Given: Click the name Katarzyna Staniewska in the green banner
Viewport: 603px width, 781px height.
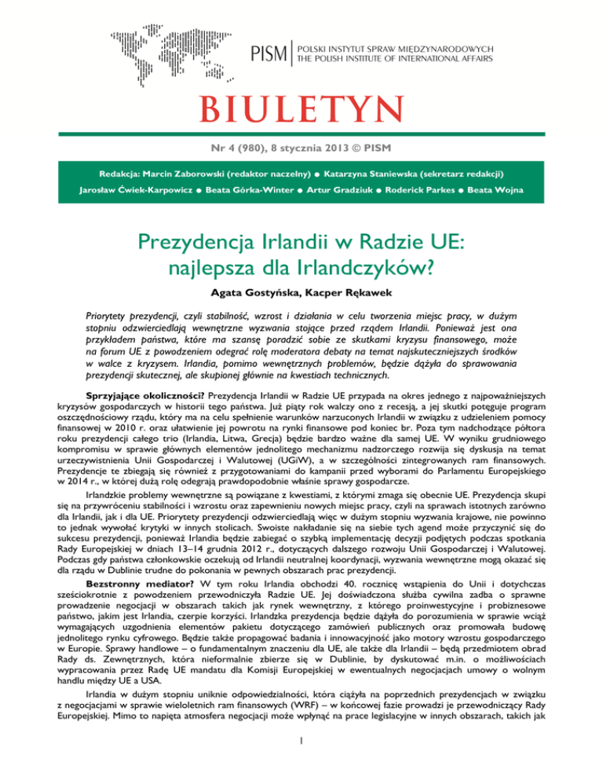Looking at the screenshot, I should [x=390, y=172].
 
